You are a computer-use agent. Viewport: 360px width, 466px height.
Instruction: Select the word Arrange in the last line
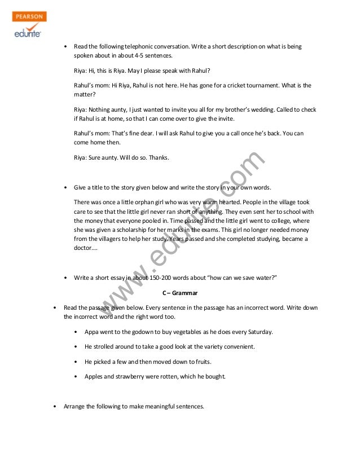pos(76,406)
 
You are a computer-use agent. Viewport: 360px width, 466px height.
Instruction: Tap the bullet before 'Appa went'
pos(77,331)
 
